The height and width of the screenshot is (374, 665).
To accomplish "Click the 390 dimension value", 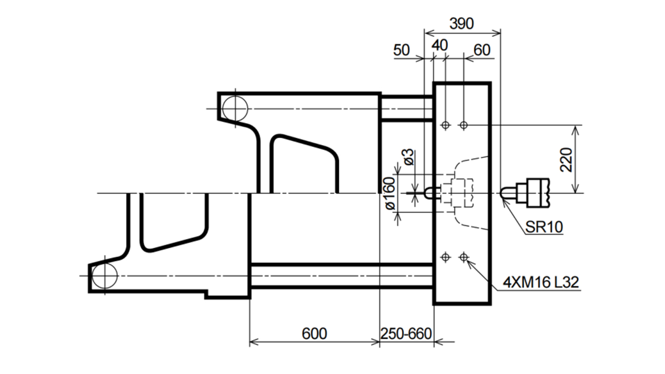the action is pyautogui.click(x=461, y=24).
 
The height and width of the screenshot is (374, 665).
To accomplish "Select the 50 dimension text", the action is pyautogui.click(x=402, y=50).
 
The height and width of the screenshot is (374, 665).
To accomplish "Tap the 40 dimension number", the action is pyautogui.click(x=440, y=45).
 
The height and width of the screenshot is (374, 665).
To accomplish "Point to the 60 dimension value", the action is pyautogui.click(x=482, y=50).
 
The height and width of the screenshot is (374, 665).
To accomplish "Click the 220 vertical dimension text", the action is pyautogui.click(x=566, y=159).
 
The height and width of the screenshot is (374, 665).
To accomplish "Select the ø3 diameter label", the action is pyautogui.click(x=408, y=157).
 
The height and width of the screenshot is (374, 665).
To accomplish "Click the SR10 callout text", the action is pyautogui.click(x=544, y=227).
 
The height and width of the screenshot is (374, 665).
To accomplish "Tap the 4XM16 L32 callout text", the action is pyautogui.click(x=541, y=282).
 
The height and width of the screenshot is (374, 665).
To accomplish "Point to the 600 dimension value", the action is pyautogui.click(x=314, y=333).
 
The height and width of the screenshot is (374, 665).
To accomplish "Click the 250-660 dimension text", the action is pyautogui.click(x=406, y=333).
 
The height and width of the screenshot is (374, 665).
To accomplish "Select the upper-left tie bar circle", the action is pyautogui.click(x=235, y=109).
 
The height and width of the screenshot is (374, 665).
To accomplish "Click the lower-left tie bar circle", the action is pyautogui.click(x=104, y=276).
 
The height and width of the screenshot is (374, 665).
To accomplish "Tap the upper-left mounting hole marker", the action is pyautogui.click(x=445, y=125).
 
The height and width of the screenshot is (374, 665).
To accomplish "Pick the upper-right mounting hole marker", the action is pyautogui.click(x=464, y=125).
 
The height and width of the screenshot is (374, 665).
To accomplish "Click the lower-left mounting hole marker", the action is pyautogui.click(x=445, y=257).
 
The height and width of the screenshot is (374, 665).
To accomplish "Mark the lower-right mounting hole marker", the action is pyautogui.click(x=464, y=257).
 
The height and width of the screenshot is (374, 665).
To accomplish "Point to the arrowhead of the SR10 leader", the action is pyautogui.click(x=503, y=202).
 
